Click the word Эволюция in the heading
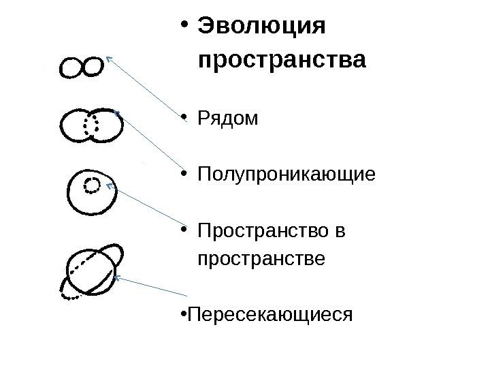coord(261,28)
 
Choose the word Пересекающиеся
coord(270,315)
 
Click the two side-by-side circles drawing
coord(82,67)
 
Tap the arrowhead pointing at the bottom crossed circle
coord(116,277)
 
